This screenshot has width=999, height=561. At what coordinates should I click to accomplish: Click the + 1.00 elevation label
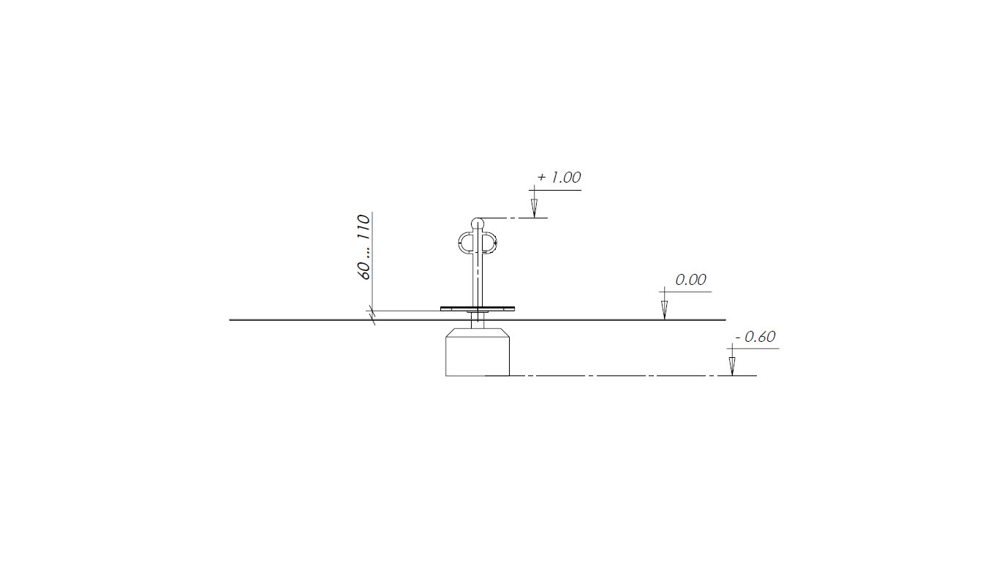(559, 178)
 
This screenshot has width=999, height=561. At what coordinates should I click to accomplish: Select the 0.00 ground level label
(690, 280)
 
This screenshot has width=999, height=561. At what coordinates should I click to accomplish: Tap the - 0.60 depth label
(755, 337)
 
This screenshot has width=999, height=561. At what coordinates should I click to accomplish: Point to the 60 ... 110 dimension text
(364, 247)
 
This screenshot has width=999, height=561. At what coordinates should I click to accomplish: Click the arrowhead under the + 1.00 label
(535, 207)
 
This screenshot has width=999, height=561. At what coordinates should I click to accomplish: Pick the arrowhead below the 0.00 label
(665, 310)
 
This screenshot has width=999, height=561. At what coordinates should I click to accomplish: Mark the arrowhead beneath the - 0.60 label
(732, 366)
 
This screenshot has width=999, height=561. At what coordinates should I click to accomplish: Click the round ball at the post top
(478, 224)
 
